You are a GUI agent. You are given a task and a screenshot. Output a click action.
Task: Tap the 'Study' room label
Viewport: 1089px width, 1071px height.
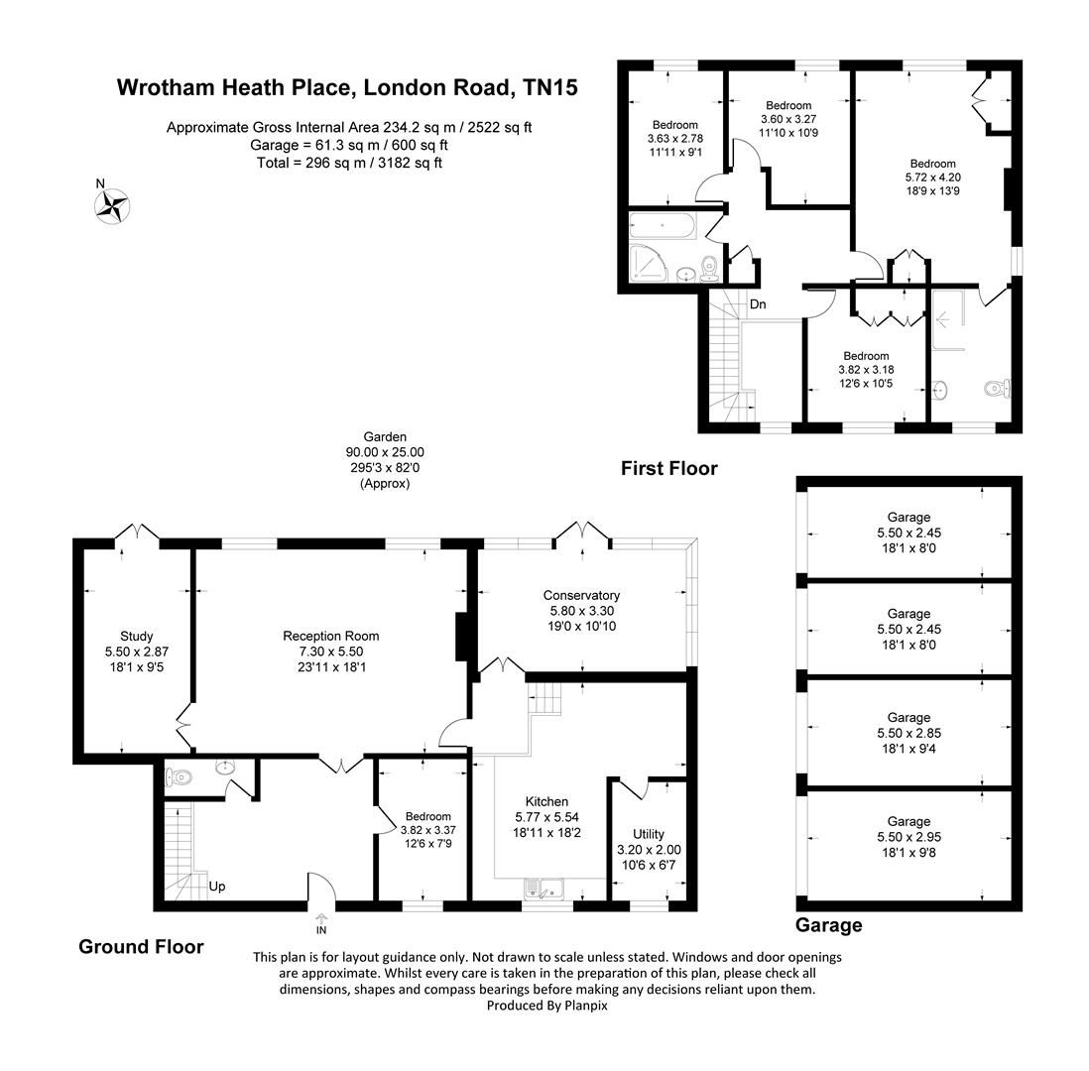tap(136, 636)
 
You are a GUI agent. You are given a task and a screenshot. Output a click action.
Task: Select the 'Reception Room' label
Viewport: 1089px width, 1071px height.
tap(330, 636)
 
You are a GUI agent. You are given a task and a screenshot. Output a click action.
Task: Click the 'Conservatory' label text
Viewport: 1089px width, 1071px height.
tap(580, 595)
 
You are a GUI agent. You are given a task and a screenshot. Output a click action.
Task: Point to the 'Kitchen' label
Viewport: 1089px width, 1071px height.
tap(546, 801)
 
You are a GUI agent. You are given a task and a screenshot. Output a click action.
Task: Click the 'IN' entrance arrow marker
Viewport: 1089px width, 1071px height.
tap(321, 924)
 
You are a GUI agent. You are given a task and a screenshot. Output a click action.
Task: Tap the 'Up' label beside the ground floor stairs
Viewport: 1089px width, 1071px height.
tap(216, 886)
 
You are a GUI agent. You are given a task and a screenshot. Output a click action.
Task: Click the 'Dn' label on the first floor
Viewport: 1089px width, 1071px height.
tap(757, 304)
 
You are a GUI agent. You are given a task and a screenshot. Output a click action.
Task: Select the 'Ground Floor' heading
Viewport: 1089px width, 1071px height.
tap(141, 947)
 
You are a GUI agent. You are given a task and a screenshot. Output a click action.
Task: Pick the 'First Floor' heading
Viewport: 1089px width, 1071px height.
tap(668, 468)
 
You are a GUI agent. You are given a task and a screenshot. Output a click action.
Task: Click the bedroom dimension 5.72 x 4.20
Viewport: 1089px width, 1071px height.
tap(932, 178)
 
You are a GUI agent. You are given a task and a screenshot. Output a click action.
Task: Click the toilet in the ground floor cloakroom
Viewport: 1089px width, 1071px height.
tap(179, 775)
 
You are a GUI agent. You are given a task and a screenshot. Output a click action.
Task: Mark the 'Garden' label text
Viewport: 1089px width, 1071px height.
tap(385, 436)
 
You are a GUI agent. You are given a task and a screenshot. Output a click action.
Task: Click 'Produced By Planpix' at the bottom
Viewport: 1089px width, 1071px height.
tap(546, 1005)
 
